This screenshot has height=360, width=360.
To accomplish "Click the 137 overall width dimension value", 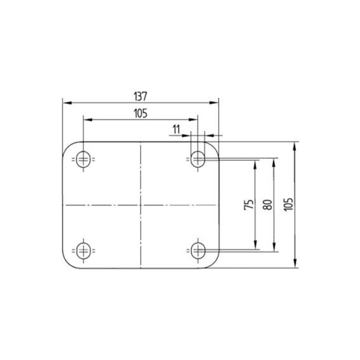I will (x=140, y=96).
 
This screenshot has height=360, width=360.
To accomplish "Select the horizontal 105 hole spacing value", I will (x=140, y=114).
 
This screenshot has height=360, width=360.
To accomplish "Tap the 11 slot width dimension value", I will (x=176, y=129).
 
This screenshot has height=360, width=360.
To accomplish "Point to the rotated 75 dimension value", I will (x=249, y=204).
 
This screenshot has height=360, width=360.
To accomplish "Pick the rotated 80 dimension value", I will (x=268, y=204).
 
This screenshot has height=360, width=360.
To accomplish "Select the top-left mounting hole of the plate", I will (x=83, y=160).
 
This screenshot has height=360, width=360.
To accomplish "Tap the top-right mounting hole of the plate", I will (x=197, y=160).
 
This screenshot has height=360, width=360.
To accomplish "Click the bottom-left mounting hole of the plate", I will (x=83, y=251).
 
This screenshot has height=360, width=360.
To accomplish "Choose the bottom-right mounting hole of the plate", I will (x=197, y=251).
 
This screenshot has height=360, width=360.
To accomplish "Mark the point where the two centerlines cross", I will (x=140, y=205).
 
